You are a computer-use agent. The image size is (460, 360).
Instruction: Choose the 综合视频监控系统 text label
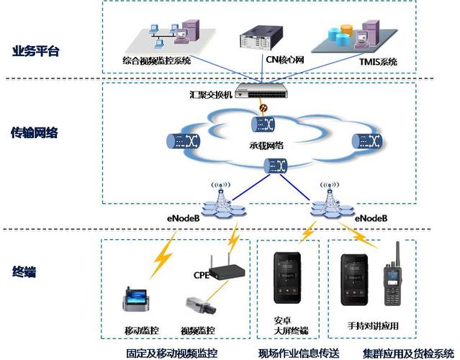point(157,62)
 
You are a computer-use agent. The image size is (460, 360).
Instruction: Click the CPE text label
point(201,275)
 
